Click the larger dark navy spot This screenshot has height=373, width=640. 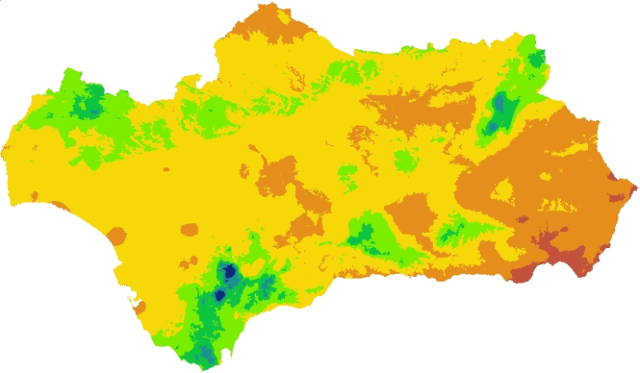click(x=230, y=271)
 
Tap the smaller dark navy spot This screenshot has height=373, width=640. click(x=219, y=295)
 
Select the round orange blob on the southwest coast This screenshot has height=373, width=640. click(x=117, y=236)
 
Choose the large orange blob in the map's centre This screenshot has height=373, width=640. click(x=276, y=173)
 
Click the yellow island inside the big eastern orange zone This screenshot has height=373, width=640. click(x=503, y=190)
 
